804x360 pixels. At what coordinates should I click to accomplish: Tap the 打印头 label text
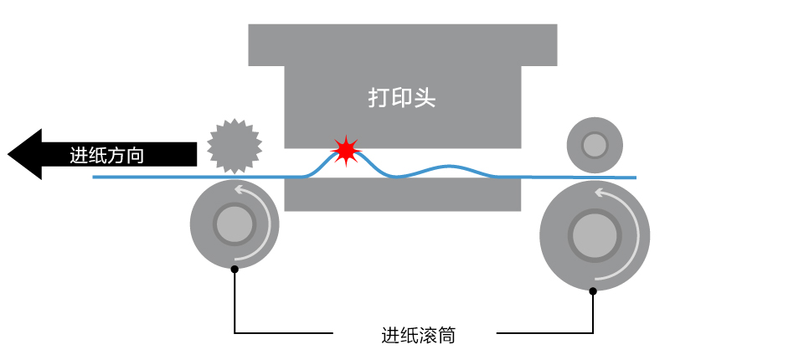[402, 98]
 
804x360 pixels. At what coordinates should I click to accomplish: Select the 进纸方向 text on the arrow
[106, 156]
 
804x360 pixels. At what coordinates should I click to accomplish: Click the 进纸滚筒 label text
[418, 336]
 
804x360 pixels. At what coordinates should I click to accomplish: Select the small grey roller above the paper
[595, 145]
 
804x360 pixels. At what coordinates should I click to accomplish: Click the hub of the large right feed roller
[595, 232]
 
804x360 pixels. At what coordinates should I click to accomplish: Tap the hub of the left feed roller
[234, 224]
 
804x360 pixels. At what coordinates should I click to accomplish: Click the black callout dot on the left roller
[234, 269]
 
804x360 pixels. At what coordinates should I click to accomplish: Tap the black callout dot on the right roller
[593, 291]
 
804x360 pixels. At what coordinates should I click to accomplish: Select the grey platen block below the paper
[402, 195]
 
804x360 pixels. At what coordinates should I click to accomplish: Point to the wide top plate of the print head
[402, 44]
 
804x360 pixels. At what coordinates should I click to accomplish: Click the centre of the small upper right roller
[595, 145]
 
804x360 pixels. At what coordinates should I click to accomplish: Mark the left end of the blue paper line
[94, 177]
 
